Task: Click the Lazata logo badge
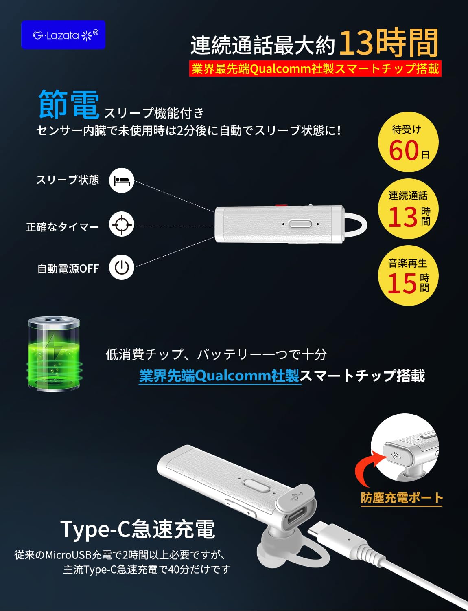click(63, 35)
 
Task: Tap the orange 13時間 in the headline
click(389, 43)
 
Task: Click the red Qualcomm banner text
click(315, 68)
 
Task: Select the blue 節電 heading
click(69, 104)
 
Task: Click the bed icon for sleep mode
click(122, 180)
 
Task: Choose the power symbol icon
click(122, 267)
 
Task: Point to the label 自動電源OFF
click(68, 268)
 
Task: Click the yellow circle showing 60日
click(408, 142)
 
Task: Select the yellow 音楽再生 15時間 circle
click(408, 275)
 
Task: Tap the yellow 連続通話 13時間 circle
click(408, 209)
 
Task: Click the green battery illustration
click(54, 353)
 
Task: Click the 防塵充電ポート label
click(402, 498)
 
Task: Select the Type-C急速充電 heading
click(138, 529)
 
